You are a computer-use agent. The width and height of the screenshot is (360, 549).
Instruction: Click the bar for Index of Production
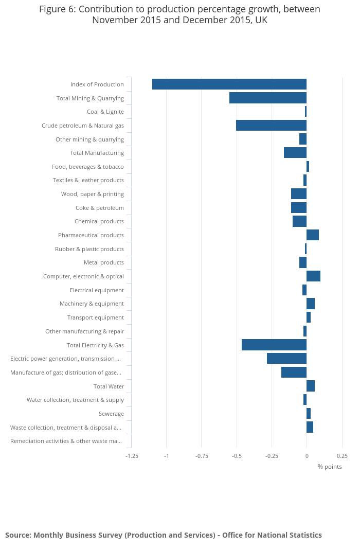click(x=229, y=84)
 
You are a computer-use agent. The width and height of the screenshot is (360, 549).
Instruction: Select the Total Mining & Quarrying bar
click(x=268, y=98)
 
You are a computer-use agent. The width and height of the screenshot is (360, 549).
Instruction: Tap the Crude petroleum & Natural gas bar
click(x=271, y=125)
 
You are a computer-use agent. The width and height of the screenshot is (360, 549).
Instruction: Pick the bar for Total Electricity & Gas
click(x=274, y=345)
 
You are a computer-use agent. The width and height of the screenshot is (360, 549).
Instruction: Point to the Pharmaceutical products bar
click(x=313, y=235)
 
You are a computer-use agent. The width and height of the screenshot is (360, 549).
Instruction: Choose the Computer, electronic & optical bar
click(x=313, y=276)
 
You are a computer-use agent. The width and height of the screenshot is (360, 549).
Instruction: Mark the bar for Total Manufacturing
click(x=295, y=153)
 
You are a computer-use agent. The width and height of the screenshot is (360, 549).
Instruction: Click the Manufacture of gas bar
click(x=294, y=372)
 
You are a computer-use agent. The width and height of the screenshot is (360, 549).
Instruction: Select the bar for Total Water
click(x=311, y=386)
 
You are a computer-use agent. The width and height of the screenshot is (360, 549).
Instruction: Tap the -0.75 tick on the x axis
click(x=202, y=456)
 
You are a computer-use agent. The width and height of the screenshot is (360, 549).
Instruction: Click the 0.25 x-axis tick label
click(x=342, y=456)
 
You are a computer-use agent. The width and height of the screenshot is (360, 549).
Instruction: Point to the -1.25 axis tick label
click(x=132, y=456)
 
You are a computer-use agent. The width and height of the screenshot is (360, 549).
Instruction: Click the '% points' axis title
click(x=330, y=467)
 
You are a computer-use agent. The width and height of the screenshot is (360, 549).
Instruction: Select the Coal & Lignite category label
click(x=105, y=112)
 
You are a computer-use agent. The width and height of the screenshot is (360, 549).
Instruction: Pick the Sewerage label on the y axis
click(x=111, y=414)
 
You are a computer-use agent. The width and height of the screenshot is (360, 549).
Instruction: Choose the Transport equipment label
click(x=95, y=317)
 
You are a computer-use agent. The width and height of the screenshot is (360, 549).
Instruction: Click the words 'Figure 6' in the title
click(x=58, y=9)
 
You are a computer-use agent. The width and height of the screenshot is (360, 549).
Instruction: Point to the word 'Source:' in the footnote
click(x=18, y=535)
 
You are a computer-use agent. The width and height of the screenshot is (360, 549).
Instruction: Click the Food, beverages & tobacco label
click(x=88, y=167)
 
